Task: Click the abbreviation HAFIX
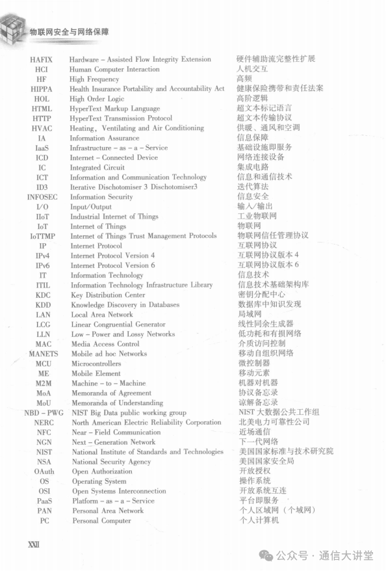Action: pos(42,59)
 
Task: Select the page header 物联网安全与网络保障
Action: pos(70,31)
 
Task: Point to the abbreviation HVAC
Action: pos(42,128)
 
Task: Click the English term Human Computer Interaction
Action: pos(114,69)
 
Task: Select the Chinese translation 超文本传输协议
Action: pos(264,118)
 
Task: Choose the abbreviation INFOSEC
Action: pos(42,197)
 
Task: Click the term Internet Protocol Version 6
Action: pos(113,265)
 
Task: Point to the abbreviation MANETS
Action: pos(44,354)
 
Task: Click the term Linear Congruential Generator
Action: pos(118,324)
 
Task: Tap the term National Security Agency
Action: pos(111,462)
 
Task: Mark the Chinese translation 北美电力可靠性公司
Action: pos(274,422)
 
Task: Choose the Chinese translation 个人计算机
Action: pos(259,520)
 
